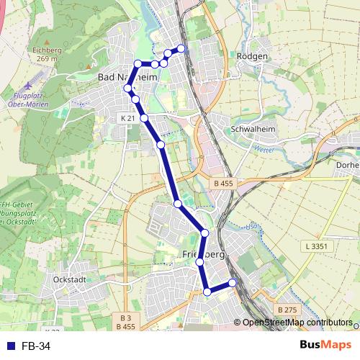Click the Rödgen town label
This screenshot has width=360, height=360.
tap(252, 56)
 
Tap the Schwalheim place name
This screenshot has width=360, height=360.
tap(249, 130)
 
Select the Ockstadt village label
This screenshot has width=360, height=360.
tap(70, 279)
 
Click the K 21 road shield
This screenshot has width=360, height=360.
tap(128, 117)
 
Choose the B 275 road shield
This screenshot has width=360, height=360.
tap(287, 310)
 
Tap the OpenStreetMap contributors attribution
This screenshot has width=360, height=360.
tap(297, 323)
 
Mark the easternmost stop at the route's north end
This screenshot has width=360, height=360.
tap(181, 48)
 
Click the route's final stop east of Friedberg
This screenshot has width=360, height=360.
tap(233, 283)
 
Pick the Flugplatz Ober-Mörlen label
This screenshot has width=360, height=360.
tap(34, 100)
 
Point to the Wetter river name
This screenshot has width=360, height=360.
tap(263, 150)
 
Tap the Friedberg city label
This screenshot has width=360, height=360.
tap(204, 256)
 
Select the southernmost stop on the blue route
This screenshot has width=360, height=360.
tap(207, 292)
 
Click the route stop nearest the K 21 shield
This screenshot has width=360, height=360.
tap(144, 117)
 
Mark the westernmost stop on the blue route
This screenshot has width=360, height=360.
tap(128, 89)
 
